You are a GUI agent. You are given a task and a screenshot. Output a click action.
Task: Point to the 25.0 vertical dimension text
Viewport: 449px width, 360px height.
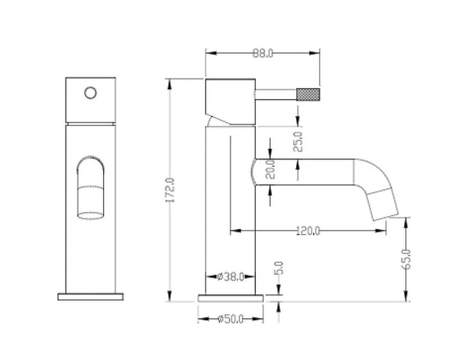click(x=298, y=141)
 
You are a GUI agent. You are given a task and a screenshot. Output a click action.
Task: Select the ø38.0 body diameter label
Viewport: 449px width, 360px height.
click(x=230, y=277)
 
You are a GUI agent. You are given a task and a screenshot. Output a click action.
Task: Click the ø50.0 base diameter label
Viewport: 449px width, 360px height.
click(x=230, y=319)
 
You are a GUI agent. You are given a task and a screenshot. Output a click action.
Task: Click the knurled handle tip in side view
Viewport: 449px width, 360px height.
click(x=308, y=94)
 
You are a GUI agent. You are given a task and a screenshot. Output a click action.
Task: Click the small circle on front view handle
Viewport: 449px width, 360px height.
click(x=90, y=92)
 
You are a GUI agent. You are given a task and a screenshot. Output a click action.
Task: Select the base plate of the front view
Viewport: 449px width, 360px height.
click(x=90, y=296)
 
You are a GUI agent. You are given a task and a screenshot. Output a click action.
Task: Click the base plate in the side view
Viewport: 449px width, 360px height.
click(x=230, y=296)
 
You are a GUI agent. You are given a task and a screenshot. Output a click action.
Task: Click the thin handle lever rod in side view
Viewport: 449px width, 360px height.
click(x=276, y=94)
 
